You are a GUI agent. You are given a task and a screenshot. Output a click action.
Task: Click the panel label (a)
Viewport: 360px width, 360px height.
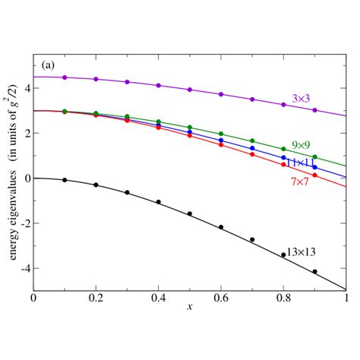(x=45, y=65)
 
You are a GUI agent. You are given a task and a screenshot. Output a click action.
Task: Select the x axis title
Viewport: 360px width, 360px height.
(x=189, y=307)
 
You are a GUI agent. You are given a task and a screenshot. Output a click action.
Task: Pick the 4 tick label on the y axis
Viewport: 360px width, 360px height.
(x=26, y=88)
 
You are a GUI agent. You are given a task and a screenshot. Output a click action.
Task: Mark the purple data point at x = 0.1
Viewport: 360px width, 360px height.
(x=65, y=77)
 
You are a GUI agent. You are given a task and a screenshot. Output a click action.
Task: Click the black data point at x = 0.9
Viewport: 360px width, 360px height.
(x=314, y=271)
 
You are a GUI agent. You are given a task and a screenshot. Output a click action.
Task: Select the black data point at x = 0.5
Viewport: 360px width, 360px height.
(x=190, y=213)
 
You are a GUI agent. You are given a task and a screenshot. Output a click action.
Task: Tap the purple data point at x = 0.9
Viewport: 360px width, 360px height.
(x=314, y=110)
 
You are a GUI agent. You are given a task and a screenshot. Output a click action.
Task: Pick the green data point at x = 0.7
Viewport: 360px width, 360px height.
(x=252, y=141)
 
